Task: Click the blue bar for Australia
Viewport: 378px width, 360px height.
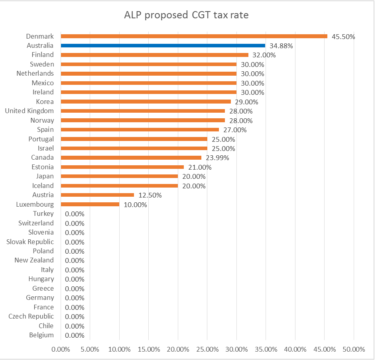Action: pos(163,45)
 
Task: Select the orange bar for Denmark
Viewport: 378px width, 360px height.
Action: pos(194,36)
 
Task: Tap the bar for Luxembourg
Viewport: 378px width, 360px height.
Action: pos(90,204)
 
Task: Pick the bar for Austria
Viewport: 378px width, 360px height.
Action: pos(97,195)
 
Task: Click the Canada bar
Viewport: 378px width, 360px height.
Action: pos(131,158)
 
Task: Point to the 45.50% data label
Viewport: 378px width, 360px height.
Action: pos(343,37)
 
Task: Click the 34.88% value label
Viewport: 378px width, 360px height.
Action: pos(281,46)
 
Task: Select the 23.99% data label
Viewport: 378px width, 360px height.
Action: pos(217,158)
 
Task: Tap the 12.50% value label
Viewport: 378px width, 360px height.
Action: pos(150,195)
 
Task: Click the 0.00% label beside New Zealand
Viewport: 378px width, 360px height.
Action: pos(75,260)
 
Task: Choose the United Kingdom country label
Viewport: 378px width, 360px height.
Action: pos(30,111)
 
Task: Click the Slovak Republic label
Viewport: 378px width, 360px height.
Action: pos(30,242)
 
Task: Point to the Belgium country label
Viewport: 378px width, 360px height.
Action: pos(41,335)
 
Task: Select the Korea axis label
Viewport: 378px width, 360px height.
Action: pos(45,102)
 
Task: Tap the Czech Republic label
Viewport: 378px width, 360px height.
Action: pos(31,317)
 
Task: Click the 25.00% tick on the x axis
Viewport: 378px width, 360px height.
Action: pos(207,349)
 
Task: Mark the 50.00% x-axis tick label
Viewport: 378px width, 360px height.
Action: pos(354,349)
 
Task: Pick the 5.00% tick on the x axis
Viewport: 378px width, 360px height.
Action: pos(90,349)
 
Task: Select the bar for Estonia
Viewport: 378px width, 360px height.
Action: pos(122,167)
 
